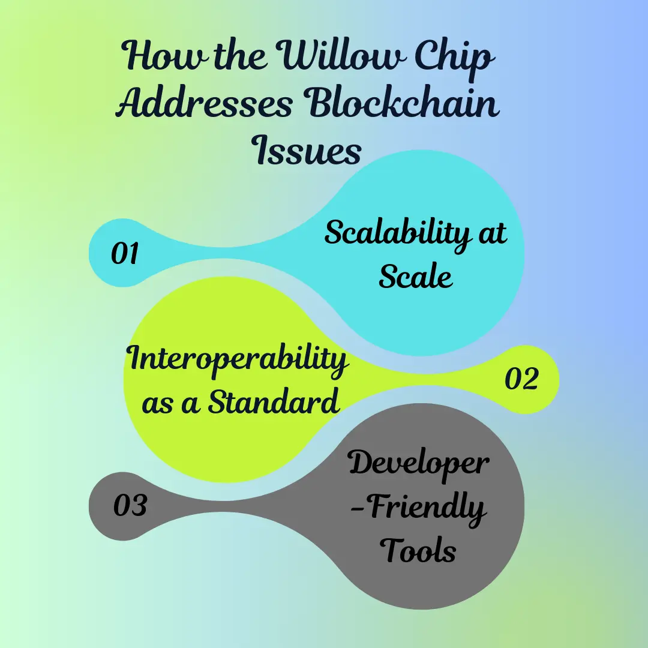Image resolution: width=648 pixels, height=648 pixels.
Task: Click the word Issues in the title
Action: click(306, 149)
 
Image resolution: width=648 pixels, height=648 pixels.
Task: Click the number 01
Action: click(124, 253)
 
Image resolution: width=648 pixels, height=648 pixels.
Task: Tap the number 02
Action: click(521, 378)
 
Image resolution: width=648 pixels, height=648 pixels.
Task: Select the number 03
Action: click(130, 505)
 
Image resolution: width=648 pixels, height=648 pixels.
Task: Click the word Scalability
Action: click(397, 234)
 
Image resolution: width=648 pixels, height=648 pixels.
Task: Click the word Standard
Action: click(273, 400)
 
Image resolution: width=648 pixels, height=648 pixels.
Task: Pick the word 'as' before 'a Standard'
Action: click(157, 404)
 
